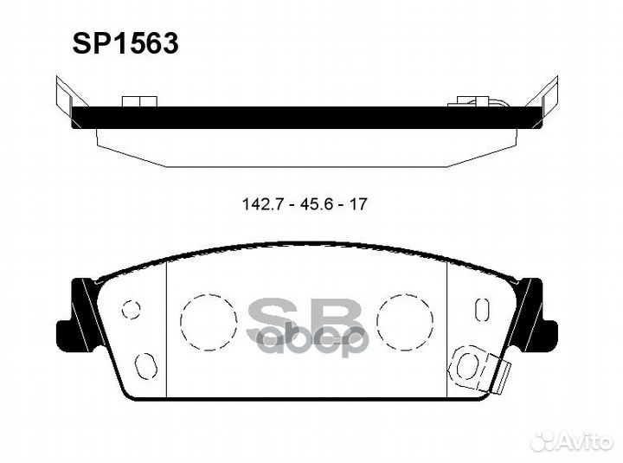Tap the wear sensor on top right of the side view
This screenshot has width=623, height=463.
474,102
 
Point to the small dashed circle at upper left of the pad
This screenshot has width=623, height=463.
131,309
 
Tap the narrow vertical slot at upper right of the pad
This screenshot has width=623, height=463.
482,309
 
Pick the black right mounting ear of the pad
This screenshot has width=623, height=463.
536,316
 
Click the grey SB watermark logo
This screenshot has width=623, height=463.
308,327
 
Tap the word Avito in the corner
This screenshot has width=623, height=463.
587,441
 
